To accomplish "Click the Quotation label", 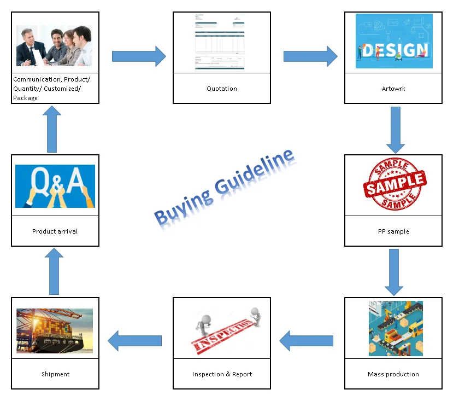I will click(x=221, y=89).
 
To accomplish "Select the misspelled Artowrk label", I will click(x=393, y=89).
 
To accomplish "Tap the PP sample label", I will click(x=393, y=231).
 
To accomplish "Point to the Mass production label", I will click(x=393, y=374).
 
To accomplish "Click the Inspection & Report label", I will click(x=222, y=374).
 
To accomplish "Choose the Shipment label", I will click(x=55, y=374).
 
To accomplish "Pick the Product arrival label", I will click(x=55, y=231).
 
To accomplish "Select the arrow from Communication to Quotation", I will click(x=139, y=56).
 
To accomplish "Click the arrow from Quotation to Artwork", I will click(x=310, y=56).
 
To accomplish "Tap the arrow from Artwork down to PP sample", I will click(x=395, y=130).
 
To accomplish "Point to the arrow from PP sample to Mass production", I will click(x=393, y=272).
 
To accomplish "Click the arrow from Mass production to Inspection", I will click(x=306, y=341).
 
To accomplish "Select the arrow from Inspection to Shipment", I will click(x=135, y=341).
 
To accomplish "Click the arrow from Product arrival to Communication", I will click(x=52, y=130).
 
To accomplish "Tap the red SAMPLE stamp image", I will click(x=395, y=184).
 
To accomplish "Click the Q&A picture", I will click(x=55, y=186).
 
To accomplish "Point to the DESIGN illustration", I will click(x=393, y=41).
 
